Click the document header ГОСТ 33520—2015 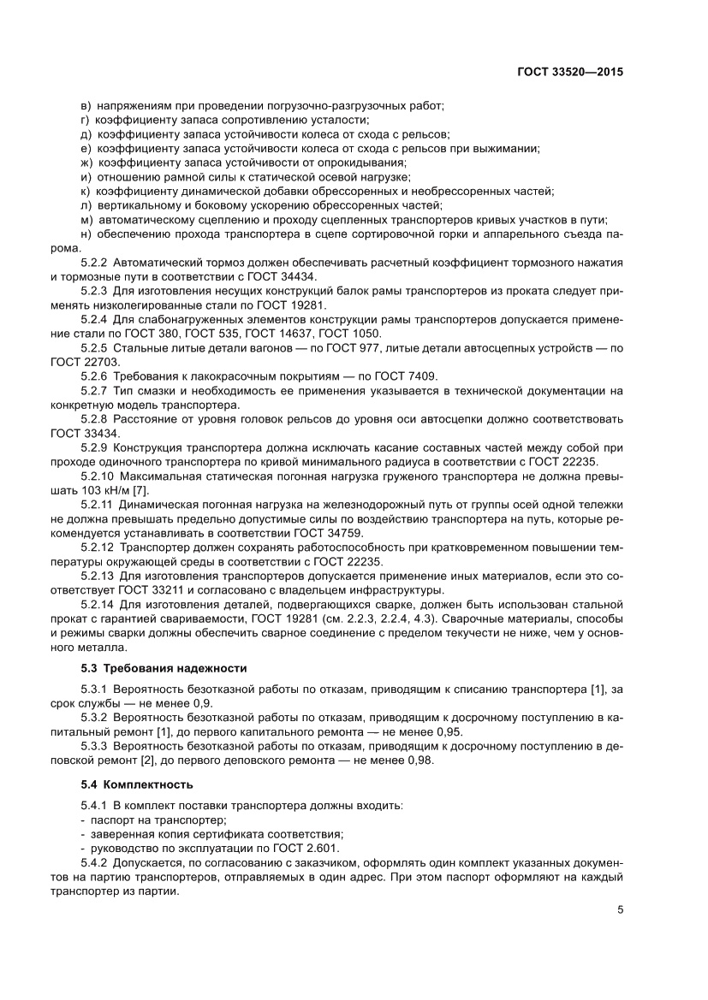pos(569,73)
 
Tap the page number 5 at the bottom pos(619,910)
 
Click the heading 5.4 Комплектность pos(137,784)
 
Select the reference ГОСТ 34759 pos(323,531)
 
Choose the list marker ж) pos(86,163)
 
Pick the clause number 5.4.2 pos(94,863)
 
